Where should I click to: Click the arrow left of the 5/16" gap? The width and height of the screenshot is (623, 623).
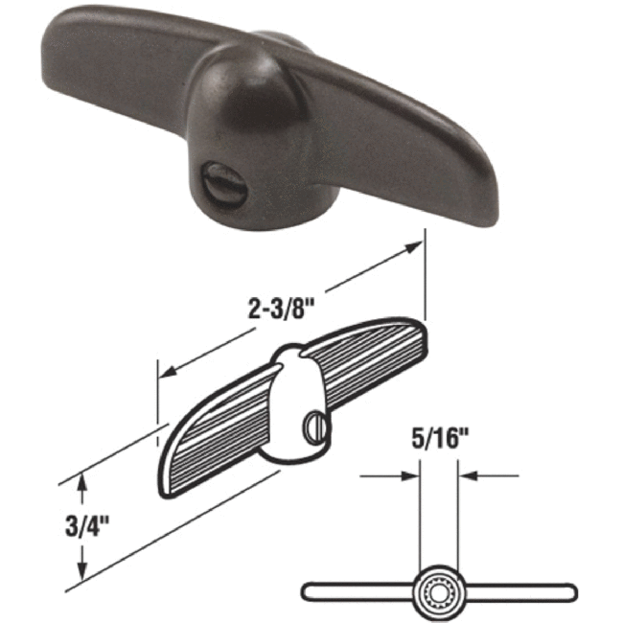pyautogui.click(x=412, y=473)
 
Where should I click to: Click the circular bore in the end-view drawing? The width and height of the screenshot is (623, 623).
pyautogui.click(x=439, y=588)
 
